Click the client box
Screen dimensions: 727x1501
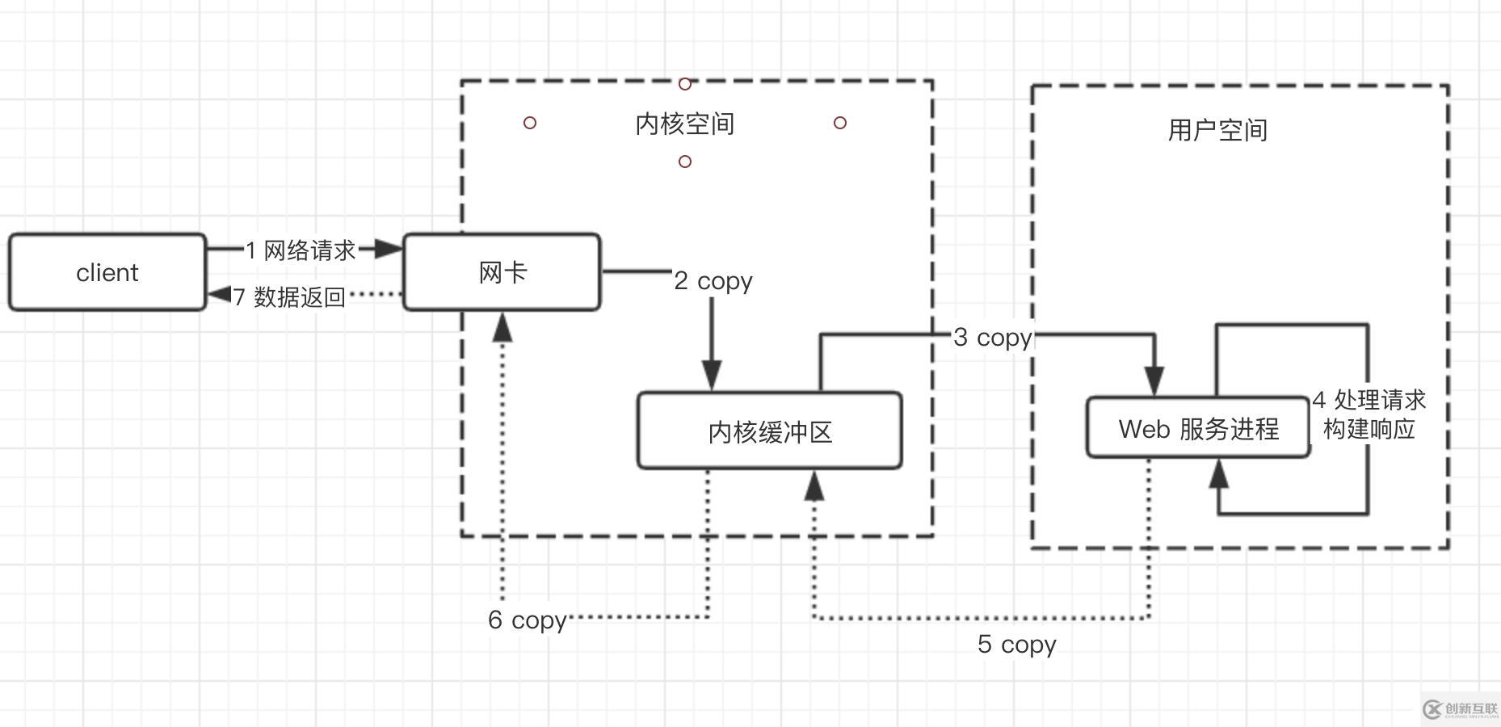click(x=107, y=272)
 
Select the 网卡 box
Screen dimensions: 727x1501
click(x=502, y=272)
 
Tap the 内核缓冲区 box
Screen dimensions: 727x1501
click(x=769, y=431)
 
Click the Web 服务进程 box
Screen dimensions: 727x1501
click(x=1198, y=428)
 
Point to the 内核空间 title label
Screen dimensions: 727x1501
click(x=684, y=124)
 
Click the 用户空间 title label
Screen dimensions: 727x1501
click(x=1217, y=129)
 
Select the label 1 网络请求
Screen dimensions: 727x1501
click(x=301, y=250)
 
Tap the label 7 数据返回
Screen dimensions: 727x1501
click(x=289, y=296)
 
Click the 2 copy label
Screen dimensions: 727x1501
click(x=713, y=280)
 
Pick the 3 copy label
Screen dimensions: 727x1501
click(x=992, y=337)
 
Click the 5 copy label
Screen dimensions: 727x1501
click(x=1016, y=644)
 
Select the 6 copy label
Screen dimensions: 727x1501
click(x=527, y=620)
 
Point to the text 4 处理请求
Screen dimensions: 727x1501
click(x=1369, y=400)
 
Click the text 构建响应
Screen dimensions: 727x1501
click(x=1369, y=428)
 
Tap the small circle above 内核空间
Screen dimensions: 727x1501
click(x=685, y=84)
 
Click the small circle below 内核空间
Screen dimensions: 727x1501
click(x=685, y=162)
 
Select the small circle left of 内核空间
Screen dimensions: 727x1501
click(x=530, y=123)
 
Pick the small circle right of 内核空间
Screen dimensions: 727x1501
click(x=840, y=123)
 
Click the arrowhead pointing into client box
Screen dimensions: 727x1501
click(x=219, y=295)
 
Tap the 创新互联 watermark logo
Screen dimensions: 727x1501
click(x=1461, y=708)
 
